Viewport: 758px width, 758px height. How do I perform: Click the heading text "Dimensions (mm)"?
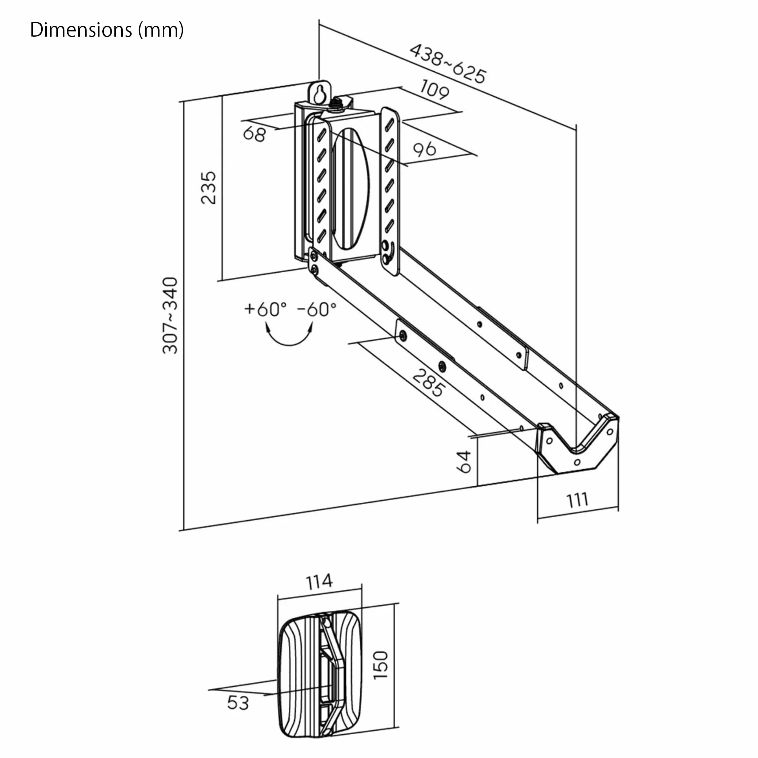107,30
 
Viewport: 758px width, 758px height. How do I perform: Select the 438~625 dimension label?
448,64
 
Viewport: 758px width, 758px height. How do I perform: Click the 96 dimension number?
425,149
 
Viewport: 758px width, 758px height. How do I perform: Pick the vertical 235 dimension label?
209,188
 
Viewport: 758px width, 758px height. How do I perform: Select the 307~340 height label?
170,315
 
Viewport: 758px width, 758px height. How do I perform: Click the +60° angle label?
265,309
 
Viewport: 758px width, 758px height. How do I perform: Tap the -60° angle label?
317,309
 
